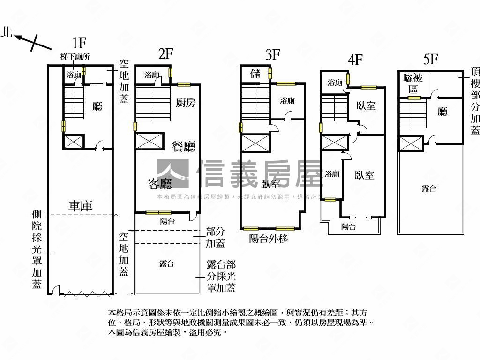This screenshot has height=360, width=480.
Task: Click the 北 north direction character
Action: [x=6, y=32]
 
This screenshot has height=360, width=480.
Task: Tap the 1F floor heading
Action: [x=79, y=43]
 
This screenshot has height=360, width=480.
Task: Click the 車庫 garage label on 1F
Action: [x=81, y=205]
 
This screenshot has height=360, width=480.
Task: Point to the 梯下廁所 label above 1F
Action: [x=75, y=57]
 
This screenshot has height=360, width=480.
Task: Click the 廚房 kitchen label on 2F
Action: [x=186, y=103]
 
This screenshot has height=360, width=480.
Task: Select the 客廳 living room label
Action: [x=159, y=184]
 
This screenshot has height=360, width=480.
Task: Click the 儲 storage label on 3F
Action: [x=255, y=73]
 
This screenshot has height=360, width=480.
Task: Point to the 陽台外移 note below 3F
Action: [x=268, y=239]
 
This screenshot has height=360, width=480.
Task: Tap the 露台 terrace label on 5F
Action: [x=429, y=188]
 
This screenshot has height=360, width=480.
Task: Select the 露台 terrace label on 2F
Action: [x=167, y=264]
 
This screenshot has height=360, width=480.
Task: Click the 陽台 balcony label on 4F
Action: [x=348, y=227]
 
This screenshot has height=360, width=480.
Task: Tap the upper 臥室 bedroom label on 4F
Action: [x=366, y=105]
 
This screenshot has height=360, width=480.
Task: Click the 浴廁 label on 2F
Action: [x=152, y=75]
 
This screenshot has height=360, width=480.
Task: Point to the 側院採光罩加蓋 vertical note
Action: [x=37, y=249]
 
